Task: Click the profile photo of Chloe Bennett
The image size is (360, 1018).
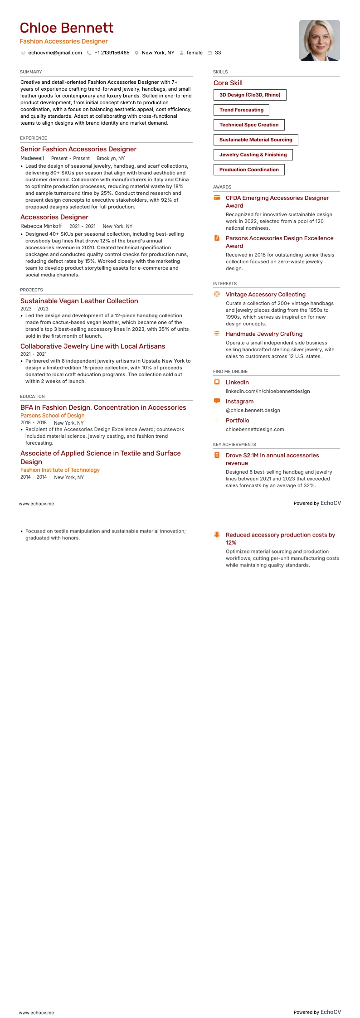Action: (x=319, y=40)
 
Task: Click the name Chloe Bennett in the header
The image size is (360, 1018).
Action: (x=67, y=28)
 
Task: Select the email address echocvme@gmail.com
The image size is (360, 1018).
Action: (x=55, y=53)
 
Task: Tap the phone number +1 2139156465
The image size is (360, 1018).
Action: (x=112, y=53)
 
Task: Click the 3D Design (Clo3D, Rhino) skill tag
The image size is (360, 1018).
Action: (x=250, y=95)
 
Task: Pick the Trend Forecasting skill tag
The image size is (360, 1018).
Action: (x=241, y=110)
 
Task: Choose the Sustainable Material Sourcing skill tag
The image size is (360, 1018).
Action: (x=256, y=140)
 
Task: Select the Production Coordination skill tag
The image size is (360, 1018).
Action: (x=249, y=170)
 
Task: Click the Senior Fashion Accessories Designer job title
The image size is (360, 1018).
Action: (x=78, y=149)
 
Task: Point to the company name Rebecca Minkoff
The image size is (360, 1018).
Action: (x=41, y=226)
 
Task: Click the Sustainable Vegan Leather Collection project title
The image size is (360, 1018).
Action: (x=79, y=301)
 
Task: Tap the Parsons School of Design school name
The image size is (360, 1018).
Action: (x=53, y=416)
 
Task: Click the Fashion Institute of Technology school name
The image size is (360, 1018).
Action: (x=60, y=470)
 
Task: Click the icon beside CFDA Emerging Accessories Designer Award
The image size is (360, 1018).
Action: (x=217, y=198)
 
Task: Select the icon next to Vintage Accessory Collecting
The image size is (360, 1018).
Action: (x=217, y=294)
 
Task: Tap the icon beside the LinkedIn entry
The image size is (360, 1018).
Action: (x=217, y=382)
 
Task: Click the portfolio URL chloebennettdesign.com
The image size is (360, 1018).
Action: (x=255, y=430)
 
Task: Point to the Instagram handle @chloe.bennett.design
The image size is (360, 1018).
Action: (x=253, y=411)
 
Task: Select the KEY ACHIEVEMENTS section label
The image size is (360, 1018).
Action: (x=234, y=445)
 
